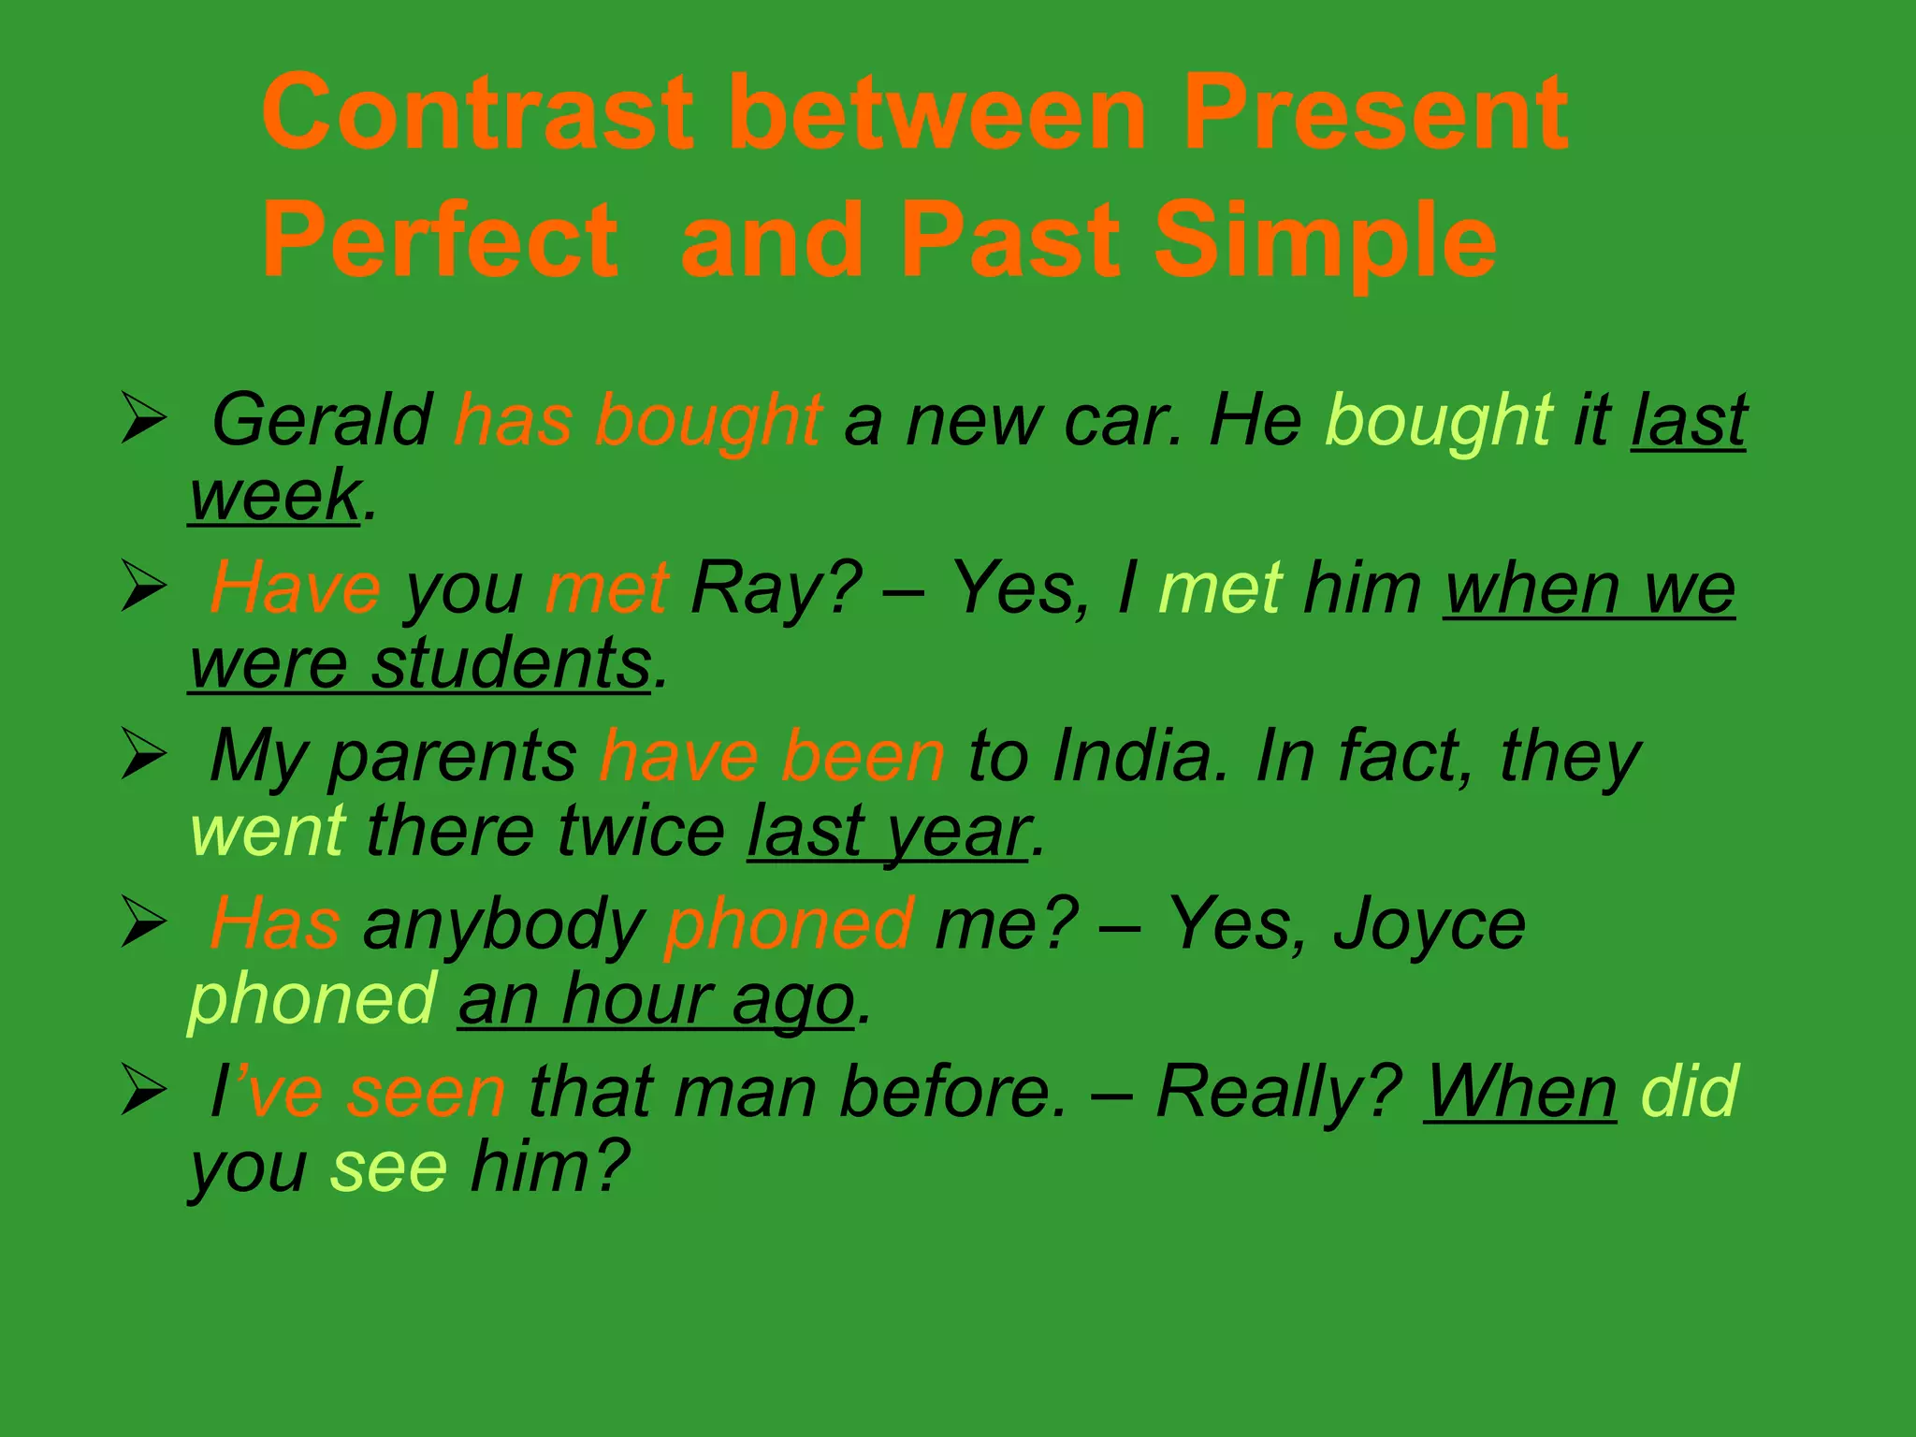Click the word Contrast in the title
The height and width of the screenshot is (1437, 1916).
pyautogui.click(x=477, y=113)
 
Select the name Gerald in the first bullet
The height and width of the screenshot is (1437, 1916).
pyautogui.click(x=321, y=420)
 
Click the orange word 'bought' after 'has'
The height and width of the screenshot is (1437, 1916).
pyautogui.click(x=708, y=420)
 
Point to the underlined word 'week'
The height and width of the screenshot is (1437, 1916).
pyautogui.click(x=274, y=495)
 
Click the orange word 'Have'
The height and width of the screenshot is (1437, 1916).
pyautogui.click(x=295, y=588)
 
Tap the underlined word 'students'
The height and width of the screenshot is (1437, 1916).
pyautogui.click(x=511, y=663)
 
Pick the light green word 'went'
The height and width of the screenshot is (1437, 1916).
pyautogui.click(x=268, y=831)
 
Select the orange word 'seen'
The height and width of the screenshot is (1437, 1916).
pyautogui.click(x=426, y=1092)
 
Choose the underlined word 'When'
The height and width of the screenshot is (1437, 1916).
pyautogui.click(x=1519, y=1092)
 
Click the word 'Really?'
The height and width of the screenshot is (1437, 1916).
pyautogui.click(x=1278, y=1092)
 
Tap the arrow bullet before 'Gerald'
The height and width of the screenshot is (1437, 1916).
pyautogui.click(x=144, y=420)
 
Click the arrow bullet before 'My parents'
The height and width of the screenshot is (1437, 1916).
pyautogui.click(x=144, y=756)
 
